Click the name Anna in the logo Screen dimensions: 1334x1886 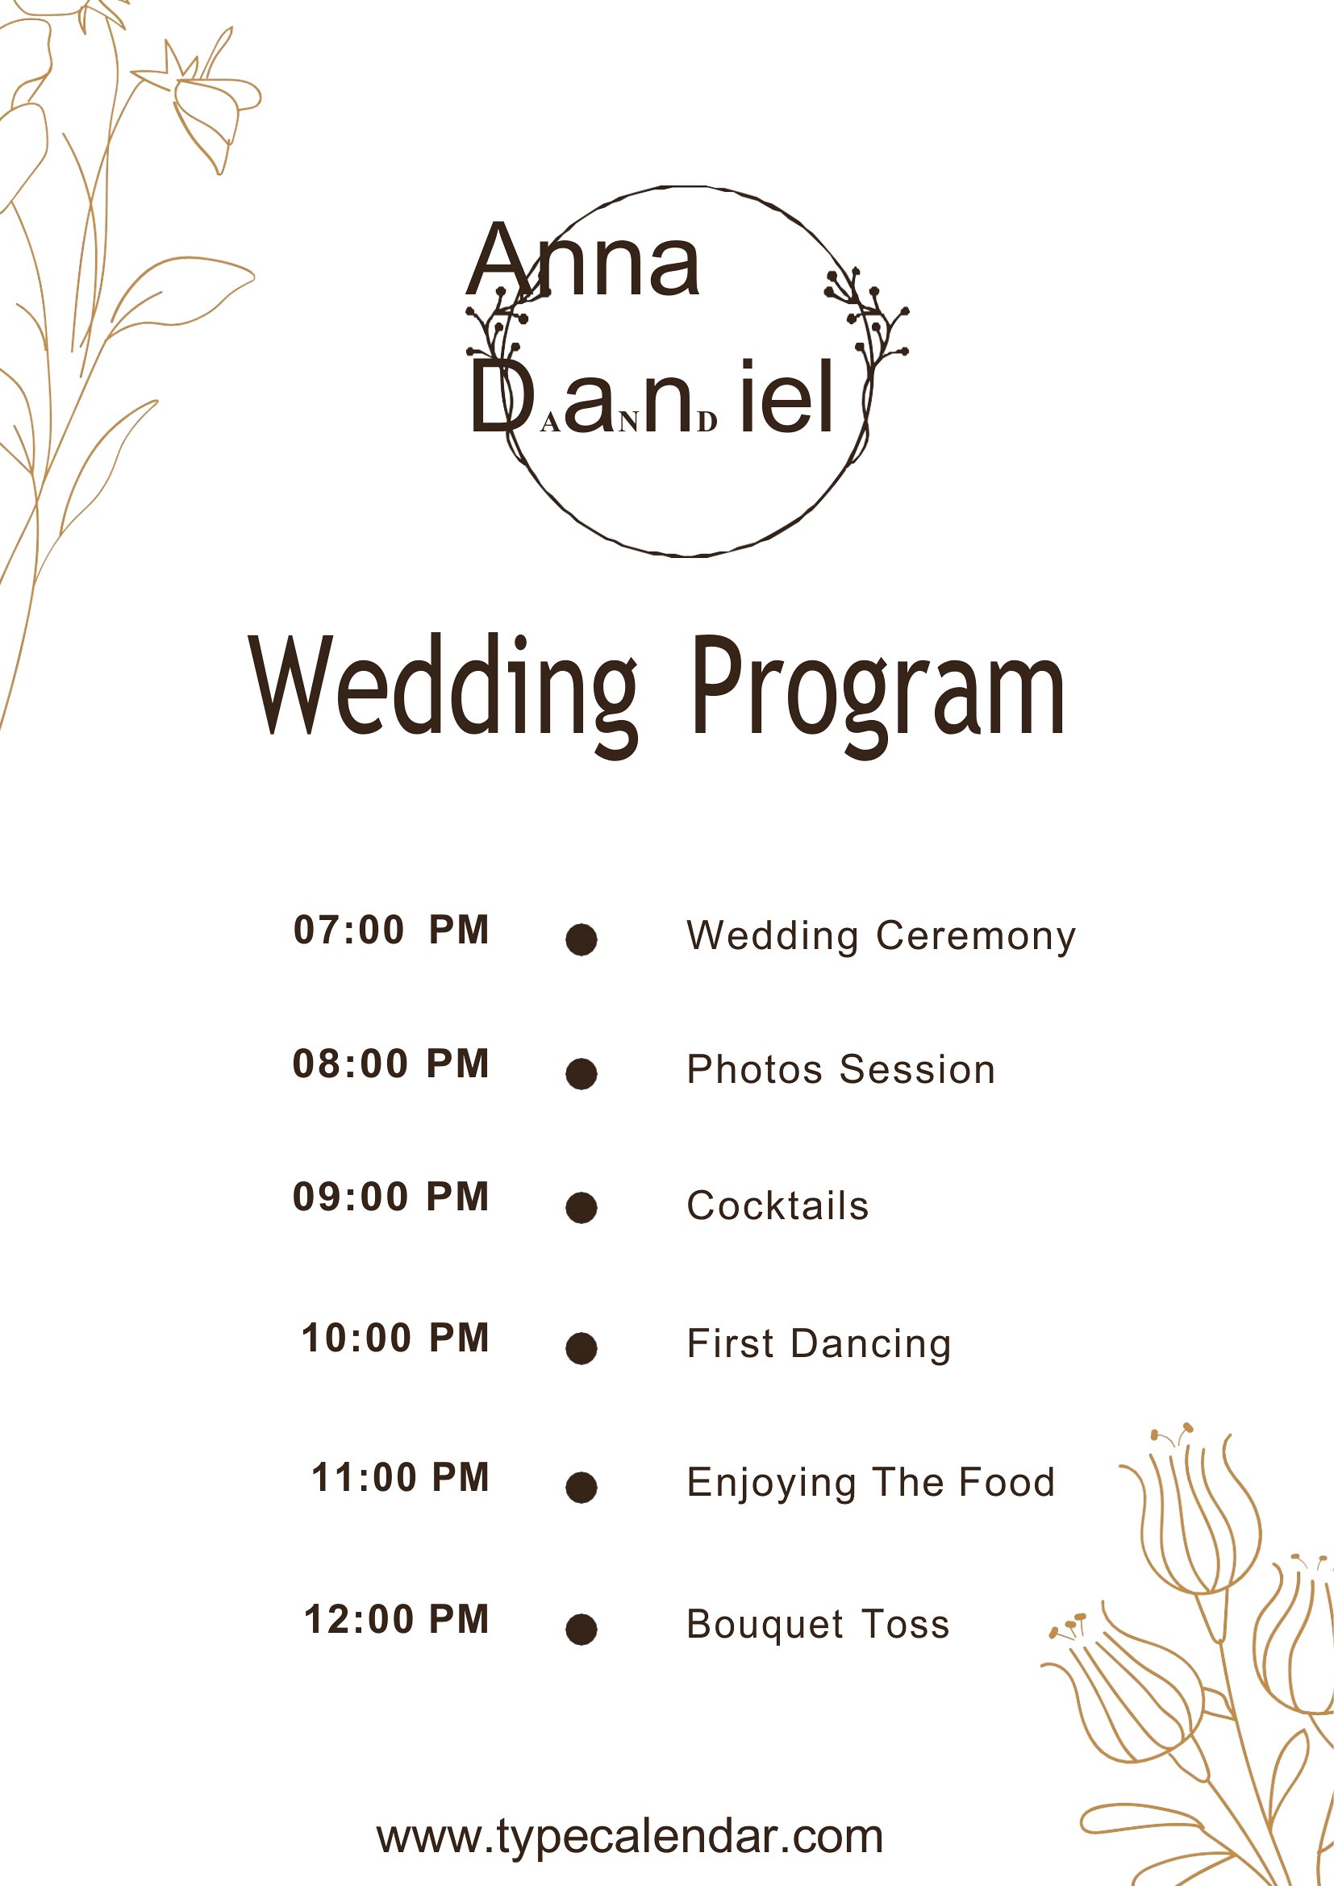pos(582,260)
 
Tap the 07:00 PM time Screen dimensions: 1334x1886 pos(391,930)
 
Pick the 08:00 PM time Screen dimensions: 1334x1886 pos(391,1064)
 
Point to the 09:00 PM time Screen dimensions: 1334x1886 pos(391,1197)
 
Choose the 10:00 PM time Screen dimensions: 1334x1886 pos(395,1339)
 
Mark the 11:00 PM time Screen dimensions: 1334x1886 pos(400,1478)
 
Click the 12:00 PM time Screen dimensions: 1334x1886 pos(397,1620)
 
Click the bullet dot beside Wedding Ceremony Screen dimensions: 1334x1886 pos(582,939)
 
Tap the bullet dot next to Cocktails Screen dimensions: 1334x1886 pos(582,1208)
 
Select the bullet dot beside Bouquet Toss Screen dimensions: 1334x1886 pos(582,1630)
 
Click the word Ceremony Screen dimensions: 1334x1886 pos(976,937)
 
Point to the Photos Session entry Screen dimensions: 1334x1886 pos(841,1069)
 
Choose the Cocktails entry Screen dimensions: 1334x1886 pos(777,1205)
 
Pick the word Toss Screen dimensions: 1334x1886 pos(905,1625)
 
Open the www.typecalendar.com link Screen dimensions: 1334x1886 pos(630,1837)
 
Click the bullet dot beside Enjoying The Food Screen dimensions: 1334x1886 pos(582,1488)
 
